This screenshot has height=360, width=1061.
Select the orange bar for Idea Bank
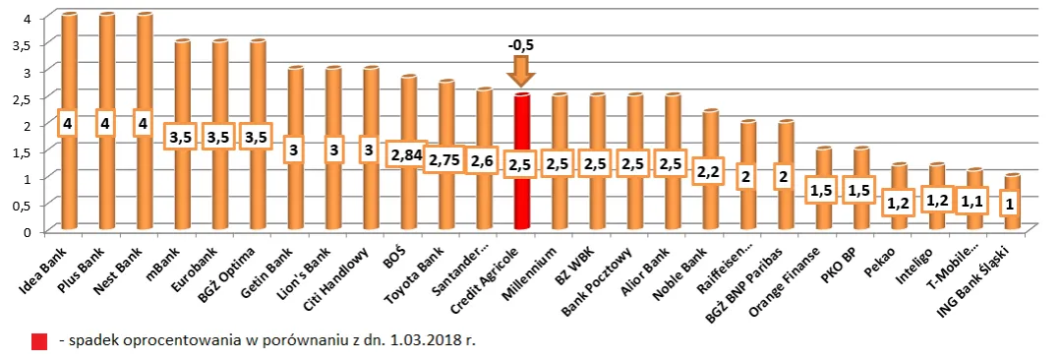(69, 177)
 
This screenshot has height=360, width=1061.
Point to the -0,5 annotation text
(521, 45)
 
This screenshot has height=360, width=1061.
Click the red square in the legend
(38, 341)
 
